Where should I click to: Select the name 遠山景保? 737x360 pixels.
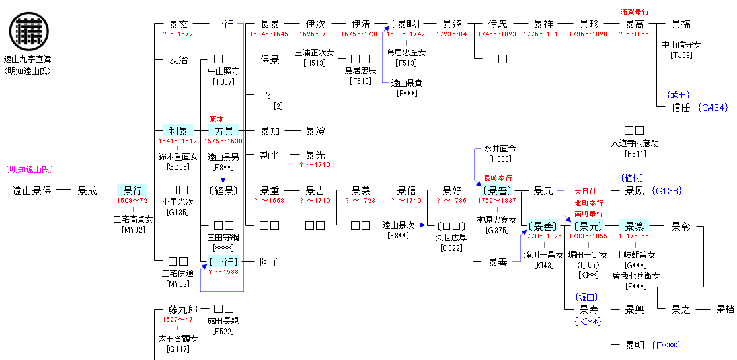click(x=32, y=191)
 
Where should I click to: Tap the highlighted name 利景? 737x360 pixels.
click(x=178, y=131)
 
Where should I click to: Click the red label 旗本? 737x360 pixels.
click(x=216, y=119)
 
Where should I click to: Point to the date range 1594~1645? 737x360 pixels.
click(x=268, y=34)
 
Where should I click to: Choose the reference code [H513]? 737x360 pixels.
click(x=314, y=63)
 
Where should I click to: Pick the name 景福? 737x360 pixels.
click(x=681, y=24)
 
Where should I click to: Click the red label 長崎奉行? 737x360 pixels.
click(x=498, y=178)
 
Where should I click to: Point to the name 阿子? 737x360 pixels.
click(x=269, y=262)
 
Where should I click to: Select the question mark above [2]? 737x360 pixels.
click(x=268, y=96)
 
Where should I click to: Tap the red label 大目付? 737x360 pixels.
click(x=584, y=192)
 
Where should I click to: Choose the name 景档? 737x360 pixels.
click(x=725, y=308)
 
